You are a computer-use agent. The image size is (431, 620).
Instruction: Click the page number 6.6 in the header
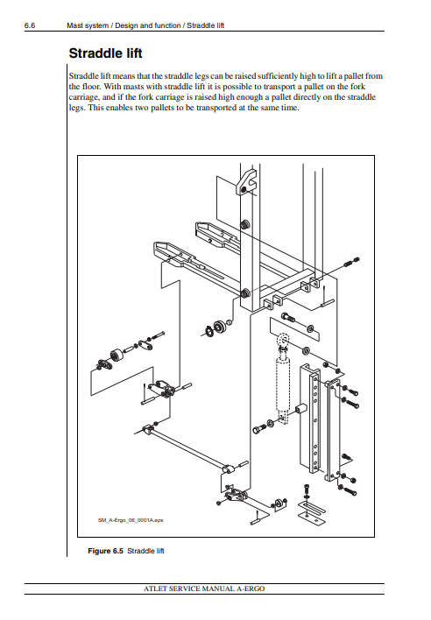click(30, 25)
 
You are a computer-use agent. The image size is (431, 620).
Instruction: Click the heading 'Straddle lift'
click(106, 53)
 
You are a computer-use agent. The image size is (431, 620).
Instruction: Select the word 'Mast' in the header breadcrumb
click(74, 25)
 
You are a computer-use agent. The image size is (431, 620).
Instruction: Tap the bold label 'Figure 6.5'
click(106, 551)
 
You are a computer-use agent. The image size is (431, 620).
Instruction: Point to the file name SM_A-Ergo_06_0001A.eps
click(131, 520)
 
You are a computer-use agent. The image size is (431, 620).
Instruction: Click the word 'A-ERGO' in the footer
click(251, 588)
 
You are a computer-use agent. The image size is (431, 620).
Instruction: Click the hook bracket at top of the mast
click(246, 182)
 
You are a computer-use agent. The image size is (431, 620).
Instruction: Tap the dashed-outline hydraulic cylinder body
click(283, 382)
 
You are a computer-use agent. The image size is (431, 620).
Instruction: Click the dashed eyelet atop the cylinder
click(283, 340)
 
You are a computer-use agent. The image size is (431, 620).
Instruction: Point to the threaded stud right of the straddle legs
click(351, 262)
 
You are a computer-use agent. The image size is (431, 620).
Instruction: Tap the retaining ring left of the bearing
click(208, 330)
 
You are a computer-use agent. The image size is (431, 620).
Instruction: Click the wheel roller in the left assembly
click(117, 356)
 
